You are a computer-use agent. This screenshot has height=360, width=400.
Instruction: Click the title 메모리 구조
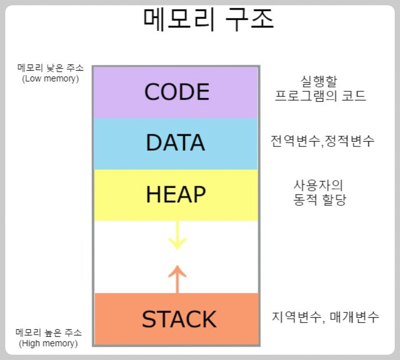[x=209, y=19]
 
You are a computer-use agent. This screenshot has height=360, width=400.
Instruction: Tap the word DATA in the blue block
[x=176, y=143]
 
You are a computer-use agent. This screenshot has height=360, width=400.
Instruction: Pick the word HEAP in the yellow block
[x=176, y=194]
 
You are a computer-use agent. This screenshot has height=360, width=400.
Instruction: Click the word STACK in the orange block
[x=179, y=319]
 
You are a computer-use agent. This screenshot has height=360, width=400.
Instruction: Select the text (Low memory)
[x=50, y=78]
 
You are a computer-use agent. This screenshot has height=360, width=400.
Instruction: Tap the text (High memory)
[x=48, y=343]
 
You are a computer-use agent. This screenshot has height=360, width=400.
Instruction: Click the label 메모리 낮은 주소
[x=51, y=68]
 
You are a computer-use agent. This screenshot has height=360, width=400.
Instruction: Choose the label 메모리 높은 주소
[x=48, y=332]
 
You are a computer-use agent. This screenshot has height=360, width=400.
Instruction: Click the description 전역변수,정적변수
[x=322, y=141]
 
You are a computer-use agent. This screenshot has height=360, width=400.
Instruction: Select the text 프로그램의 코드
[x=320, y=96]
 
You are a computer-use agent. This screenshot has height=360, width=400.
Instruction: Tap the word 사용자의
[x=319, y=185]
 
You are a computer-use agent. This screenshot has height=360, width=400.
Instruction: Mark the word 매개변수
[x=354, y=317]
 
